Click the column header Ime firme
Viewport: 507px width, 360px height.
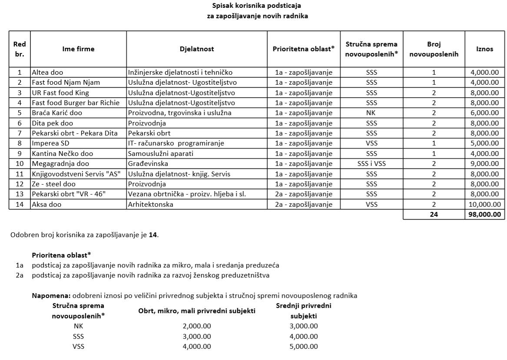pyautogui.click(x=78, y=49)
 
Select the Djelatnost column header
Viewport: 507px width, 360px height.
pyautogui.click(x=197, y=49)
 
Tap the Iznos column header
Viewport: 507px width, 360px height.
pyautogui.click(x=484, y=49)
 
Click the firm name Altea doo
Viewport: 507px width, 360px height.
pyautogui.click(x=47, y=73)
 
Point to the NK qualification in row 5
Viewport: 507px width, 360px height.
pyautogui.click(x=371, y=113)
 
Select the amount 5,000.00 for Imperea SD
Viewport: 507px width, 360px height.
pyautogui.click(x=484, y=143)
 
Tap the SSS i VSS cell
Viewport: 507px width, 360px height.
pyautogui.click(x=371, y=164)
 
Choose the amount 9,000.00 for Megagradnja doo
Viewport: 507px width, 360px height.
pyautogui.click(x=484, y=164)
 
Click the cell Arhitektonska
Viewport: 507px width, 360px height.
pyautogui.click(x=150, y=205)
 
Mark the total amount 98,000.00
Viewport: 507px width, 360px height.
pyautogui.click(x=484, y=215)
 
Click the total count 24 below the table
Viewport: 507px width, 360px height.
pyautogui.click(x=434, y=215)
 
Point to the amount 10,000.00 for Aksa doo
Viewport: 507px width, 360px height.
pyautogui.click(x=484, y=205)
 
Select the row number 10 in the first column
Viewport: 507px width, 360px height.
pyautogui.click(x=20, y=164)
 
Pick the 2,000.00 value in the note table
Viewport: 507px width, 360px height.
pyautogui.click(x=197, y=326)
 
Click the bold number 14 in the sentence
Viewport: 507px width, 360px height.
pyautogui.click(x=153, y=235)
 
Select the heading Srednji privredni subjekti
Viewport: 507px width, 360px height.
pyautogui.click(x=303, y=311)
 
